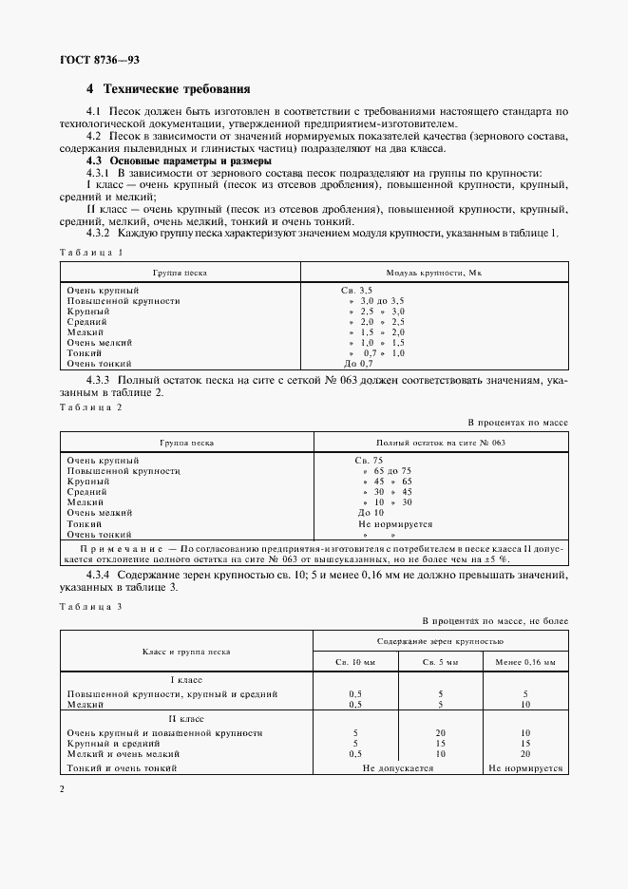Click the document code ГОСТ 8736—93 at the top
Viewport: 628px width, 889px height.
click(x=100, y=59)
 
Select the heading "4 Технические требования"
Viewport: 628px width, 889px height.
click(x=168, y=89)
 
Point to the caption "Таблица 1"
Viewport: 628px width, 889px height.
click(x=91, y=252)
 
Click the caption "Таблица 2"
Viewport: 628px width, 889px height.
click(x=91, y=407)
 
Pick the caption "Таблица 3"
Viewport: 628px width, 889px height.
click(x=91, y=606)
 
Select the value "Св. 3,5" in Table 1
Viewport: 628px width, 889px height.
click(x=356, y=289)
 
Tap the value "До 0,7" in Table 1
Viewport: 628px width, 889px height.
click(x=358, y=364)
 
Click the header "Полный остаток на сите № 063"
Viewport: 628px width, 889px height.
click(x=440, y=443)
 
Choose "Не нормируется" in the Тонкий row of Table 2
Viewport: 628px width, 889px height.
click(x=394, y=523)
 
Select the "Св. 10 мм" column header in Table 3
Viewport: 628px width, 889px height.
click(x=354, y=661)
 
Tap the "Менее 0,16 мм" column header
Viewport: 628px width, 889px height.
click(x=525, y=661)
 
